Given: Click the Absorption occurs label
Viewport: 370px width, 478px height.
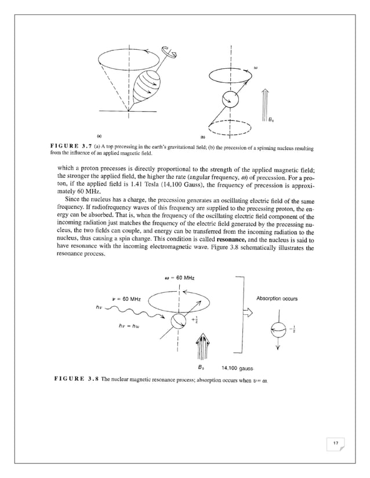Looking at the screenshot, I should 276,299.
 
